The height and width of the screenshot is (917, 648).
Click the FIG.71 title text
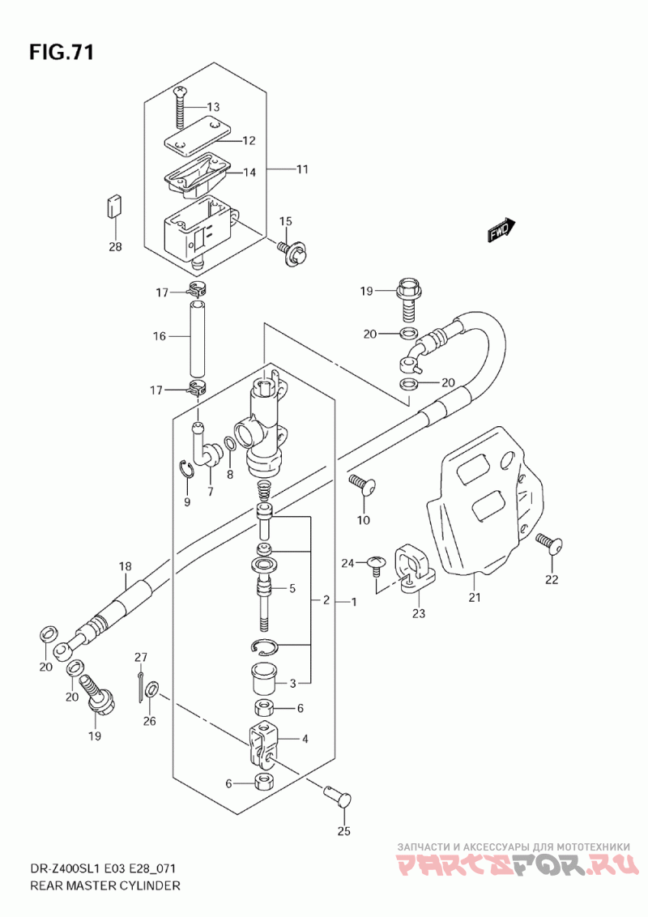[62, 52]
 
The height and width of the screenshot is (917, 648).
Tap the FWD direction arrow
[500, 230]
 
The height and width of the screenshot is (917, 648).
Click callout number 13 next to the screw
[213, 107]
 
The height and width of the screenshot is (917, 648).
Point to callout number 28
[115, 247]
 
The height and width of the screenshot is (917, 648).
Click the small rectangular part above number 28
[115, 207]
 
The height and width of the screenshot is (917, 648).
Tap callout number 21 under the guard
[475, 597]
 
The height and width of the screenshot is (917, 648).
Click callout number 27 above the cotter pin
[140, 657]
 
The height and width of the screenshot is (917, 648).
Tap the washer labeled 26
[151, 690]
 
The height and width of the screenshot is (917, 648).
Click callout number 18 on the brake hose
[126, 566]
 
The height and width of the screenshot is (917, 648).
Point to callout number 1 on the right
[353, 602]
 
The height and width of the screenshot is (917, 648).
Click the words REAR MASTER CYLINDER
[104, 885]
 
